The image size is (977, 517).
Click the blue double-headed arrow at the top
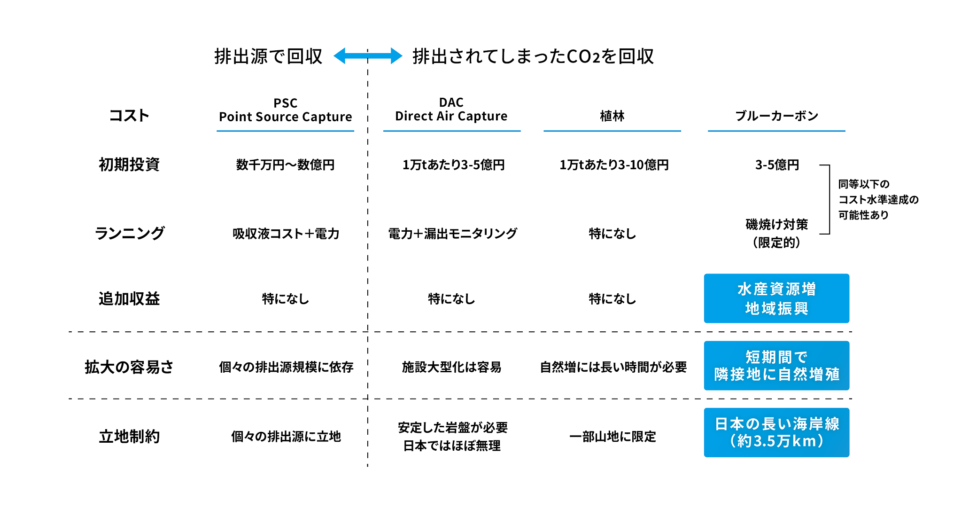point(368,56)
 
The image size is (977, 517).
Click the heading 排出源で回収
point(268,56)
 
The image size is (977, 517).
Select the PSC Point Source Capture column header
point(286,110)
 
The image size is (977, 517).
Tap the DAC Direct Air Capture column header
point(451,110)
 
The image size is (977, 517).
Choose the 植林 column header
point(612,116)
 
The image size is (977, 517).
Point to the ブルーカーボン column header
point(776,116)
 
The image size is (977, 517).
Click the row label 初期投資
point(129,164)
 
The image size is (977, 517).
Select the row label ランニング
point(130,233)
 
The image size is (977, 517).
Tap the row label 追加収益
point(129,298)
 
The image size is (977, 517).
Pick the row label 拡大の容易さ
point(129,367)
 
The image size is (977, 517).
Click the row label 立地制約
point(129,436)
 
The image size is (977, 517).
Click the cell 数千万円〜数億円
point(286,165)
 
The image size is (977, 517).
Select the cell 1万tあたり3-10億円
point(613,165)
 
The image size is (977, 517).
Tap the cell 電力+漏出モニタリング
point(452,234)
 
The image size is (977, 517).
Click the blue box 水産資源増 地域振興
point(776,298)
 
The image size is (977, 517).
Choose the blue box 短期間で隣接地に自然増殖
point(776,366)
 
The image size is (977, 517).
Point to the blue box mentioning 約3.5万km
point(776,432)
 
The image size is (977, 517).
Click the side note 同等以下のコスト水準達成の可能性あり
point(878,200)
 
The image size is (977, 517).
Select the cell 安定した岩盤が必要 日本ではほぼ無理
point(452,436)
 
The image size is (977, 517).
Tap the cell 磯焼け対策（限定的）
point(776,233)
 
